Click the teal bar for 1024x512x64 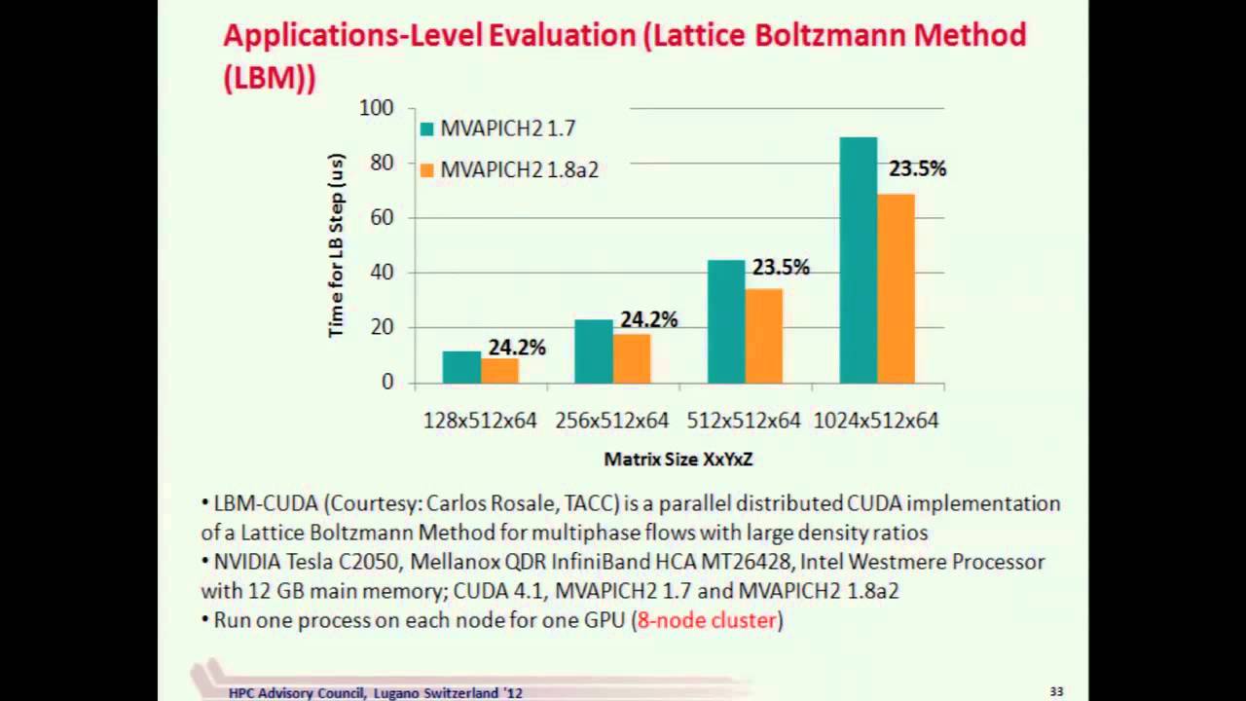[x=858, y=260]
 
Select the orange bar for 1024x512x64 [x=896, y=288]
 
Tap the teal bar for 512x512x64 [x=725, y=321]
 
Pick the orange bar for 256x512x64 [x=632, y=358]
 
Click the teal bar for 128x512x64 [x=461, y=367]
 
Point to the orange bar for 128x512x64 [x=499, y=371]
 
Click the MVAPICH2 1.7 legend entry [x=496, y=129]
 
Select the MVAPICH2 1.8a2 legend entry [x=508, y=169]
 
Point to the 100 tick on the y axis [x=377, y=108]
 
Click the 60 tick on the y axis [x=382, y=217]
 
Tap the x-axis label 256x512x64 [x=611, y=421]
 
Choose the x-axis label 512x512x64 [x=744, y=421]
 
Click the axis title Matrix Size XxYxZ [x=678, y=459]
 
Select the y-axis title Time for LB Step [x=337, y=245]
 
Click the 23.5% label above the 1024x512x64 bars [x=917, y=169]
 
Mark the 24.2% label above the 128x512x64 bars [x=516, y=348]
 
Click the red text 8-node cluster [x=707, y=620]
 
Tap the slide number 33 [x=1056, y=691]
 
